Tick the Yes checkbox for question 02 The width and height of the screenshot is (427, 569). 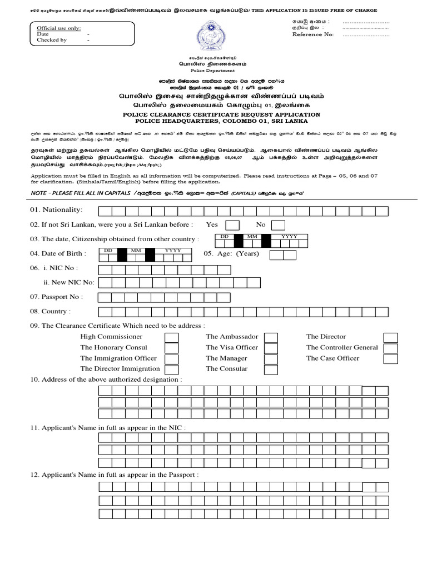click(232, 225)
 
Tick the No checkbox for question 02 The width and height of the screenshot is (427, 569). click(278, 225)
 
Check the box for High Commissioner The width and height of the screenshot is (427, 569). click(172, 337)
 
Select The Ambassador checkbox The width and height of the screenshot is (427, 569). click(271, 337)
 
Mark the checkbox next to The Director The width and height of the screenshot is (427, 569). click(391, 337)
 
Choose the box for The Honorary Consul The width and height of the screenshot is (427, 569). click(172, 348)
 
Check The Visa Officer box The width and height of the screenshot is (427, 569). click(271, 348)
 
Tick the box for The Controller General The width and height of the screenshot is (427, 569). click(391, 348)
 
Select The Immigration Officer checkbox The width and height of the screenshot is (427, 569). click(172, 358)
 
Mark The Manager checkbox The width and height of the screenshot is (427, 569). click(271, 358)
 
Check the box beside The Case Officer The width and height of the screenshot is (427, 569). click(391, 358)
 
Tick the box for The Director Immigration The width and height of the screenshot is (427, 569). click(172, 369)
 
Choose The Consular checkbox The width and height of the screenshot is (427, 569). click(271, 369)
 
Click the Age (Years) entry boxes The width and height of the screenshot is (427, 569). click(282, 254)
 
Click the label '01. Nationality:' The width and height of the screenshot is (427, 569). click(56, 210)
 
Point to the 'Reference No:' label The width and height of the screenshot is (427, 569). click(313, 34)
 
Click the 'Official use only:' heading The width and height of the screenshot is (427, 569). click(58, 28)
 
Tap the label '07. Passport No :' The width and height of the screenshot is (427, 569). click(56, 297)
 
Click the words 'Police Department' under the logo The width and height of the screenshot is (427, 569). click(214, 71)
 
